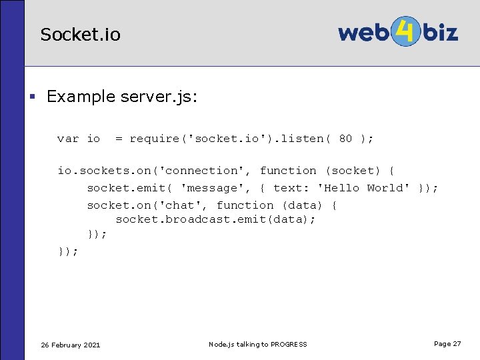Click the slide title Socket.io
[x=80, y=35]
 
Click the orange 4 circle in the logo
[x=402, y=31]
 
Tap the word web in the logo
[x=363, y=32]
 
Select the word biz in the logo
[x=437, y=31]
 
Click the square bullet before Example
[x=31, y=97]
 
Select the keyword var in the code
[x=68, y=139]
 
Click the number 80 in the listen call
[x=345, y=139]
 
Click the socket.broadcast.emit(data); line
[x=216, y=219]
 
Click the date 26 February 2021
[x=71, y=345]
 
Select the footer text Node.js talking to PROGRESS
[x=258, y=344]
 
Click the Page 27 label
[x=447, y=343]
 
